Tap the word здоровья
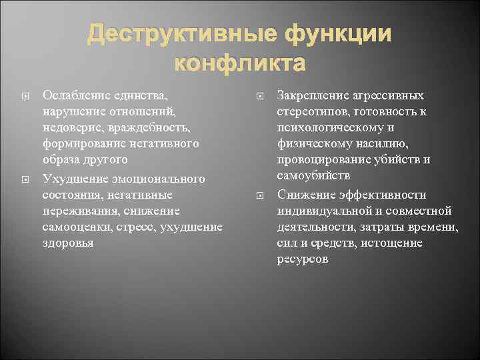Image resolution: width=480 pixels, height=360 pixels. pos(67,243)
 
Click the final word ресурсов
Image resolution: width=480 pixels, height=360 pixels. pos(302,259)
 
